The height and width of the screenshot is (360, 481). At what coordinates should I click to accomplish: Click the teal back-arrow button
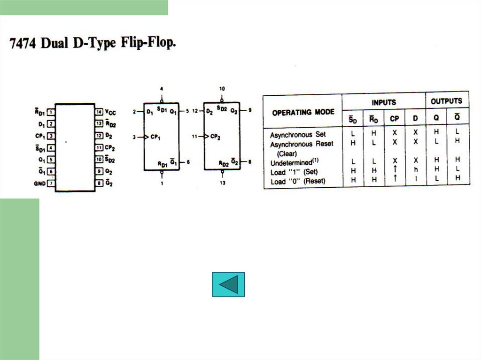(x=228, y=284)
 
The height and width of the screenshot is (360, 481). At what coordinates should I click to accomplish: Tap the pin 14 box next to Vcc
(x=99, y=112)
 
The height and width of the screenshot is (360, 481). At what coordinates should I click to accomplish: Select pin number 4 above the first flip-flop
(x=162, y=88)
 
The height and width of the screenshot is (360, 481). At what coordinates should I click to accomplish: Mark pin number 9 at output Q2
(x=250, y=110)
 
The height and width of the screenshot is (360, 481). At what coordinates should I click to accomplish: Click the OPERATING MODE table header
(x=303, y=112)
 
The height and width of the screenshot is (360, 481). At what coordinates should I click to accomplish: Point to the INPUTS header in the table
(x=384, y=102)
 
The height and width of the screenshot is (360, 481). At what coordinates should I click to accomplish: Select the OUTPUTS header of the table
(x=446, y=101)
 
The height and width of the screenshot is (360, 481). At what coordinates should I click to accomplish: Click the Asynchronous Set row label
(x=297, y=135)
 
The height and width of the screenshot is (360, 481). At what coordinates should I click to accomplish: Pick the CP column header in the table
(x=395, y=119)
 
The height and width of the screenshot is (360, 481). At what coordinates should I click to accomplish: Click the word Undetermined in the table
(x=291, y=163)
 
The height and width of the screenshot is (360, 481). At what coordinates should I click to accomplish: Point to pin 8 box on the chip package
(x=99, y=183)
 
